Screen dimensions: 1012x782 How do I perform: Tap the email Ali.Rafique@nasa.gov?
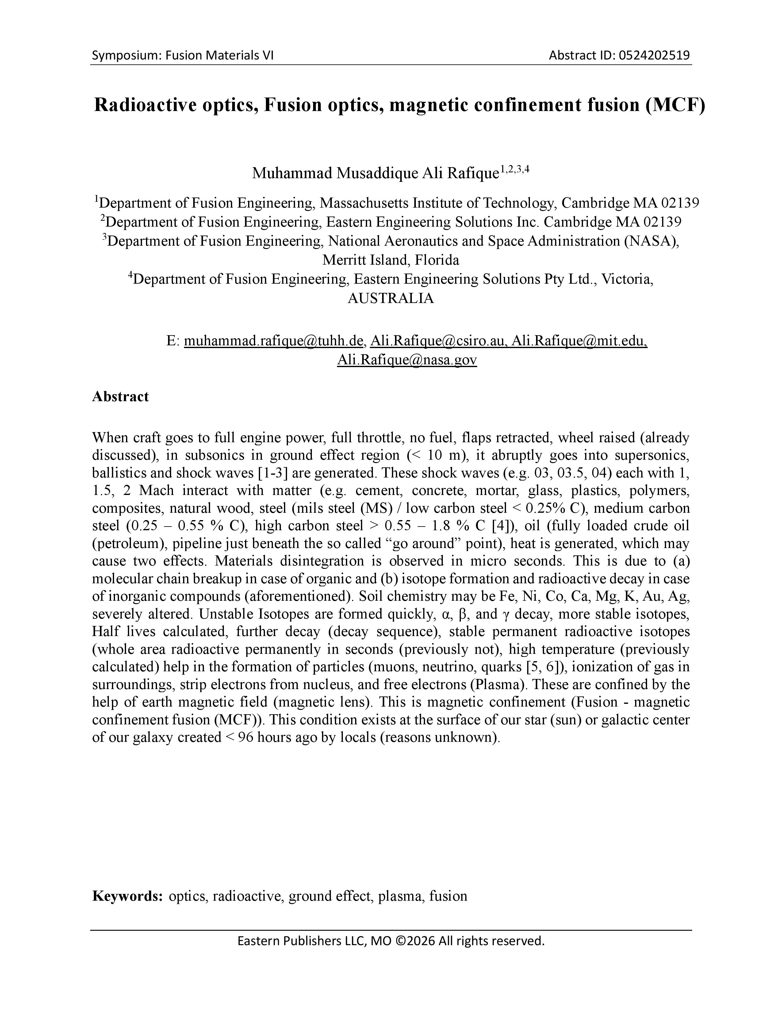tap(407, 360)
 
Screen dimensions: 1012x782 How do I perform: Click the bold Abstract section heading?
tap(121, 397)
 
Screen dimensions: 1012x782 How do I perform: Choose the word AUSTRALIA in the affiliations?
tap(390, 298)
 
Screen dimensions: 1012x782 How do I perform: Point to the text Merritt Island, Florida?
tap(390, 260)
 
